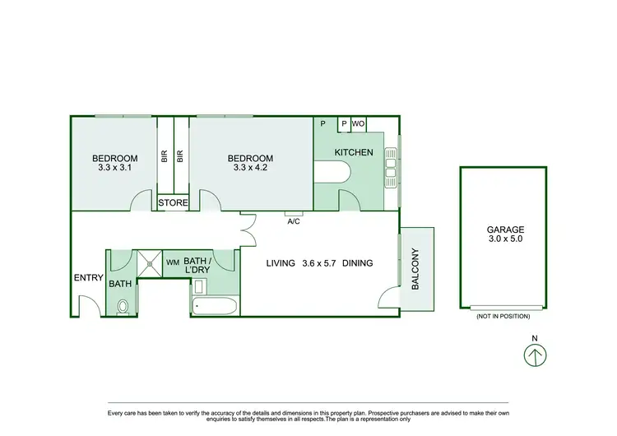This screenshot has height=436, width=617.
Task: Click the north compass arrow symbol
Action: point(535,356)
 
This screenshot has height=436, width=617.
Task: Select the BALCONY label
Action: point(415,268)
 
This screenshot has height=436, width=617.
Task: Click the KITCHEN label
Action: point(354,152)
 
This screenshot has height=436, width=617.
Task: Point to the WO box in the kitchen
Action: point(359,123)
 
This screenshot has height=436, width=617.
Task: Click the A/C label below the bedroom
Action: point(293,220)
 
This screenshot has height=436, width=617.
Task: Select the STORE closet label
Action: point(173,202)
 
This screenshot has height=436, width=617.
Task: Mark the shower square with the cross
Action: point(149,262)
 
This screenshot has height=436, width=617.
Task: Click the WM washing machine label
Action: point(173,262)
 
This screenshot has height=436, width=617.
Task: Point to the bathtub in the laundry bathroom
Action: point(216,306)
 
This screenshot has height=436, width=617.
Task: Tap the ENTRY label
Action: point(88,277)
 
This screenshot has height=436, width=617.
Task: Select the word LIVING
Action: point(281,263)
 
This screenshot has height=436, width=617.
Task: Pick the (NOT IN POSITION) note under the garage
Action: point(502,316)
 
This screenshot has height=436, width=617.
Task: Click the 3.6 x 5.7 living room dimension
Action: point(319,263)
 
